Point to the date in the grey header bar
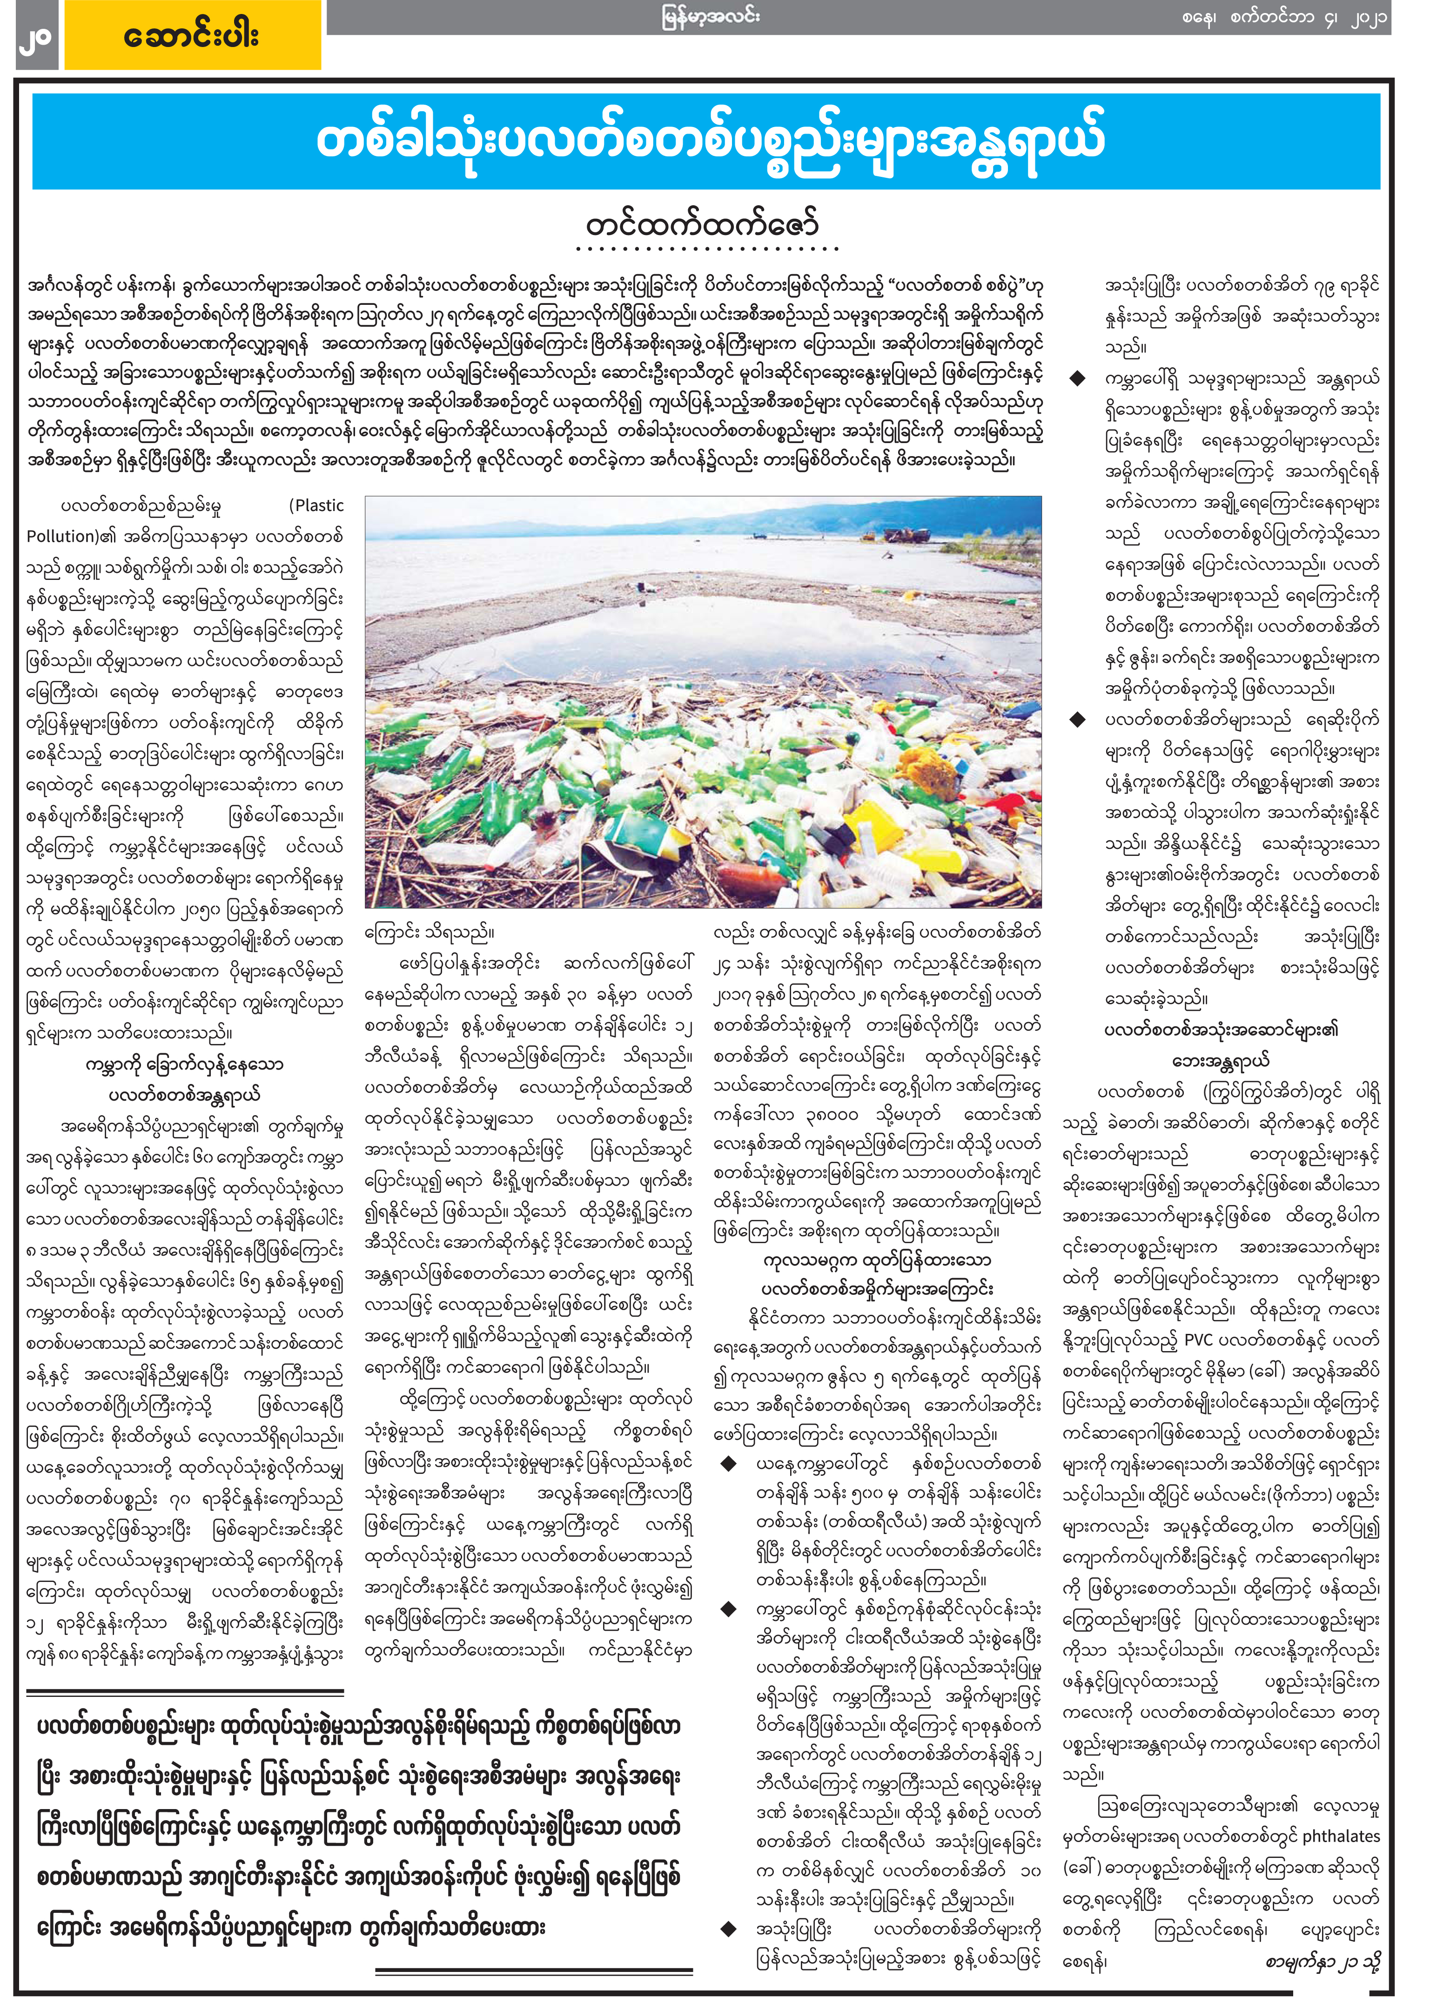pyautogui.click(x=1286, y=18)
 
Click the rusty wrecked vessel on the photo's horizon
pyautogui.click(x=907, y=534)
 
